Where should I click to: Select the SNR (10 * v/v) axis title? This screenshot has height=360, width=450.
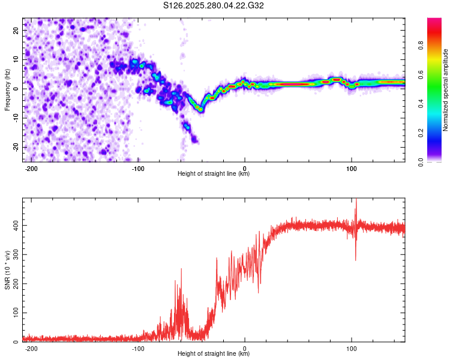[x=7, y=270]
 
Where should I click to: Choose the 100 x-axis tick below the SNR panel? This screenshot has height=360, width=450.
[x=351, y=349]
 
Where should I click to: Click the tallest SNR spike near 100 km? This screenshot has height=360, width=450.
[x=356, y=200]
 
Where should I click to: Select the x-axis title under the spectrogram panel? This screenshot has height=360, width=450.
[x=214, y=174]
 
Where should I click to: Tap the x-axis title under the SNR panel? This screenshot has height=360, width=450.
[x=214, y=354]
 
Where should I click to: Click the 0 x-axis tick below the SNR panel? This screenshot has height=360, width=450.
[x=245, y=349]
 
